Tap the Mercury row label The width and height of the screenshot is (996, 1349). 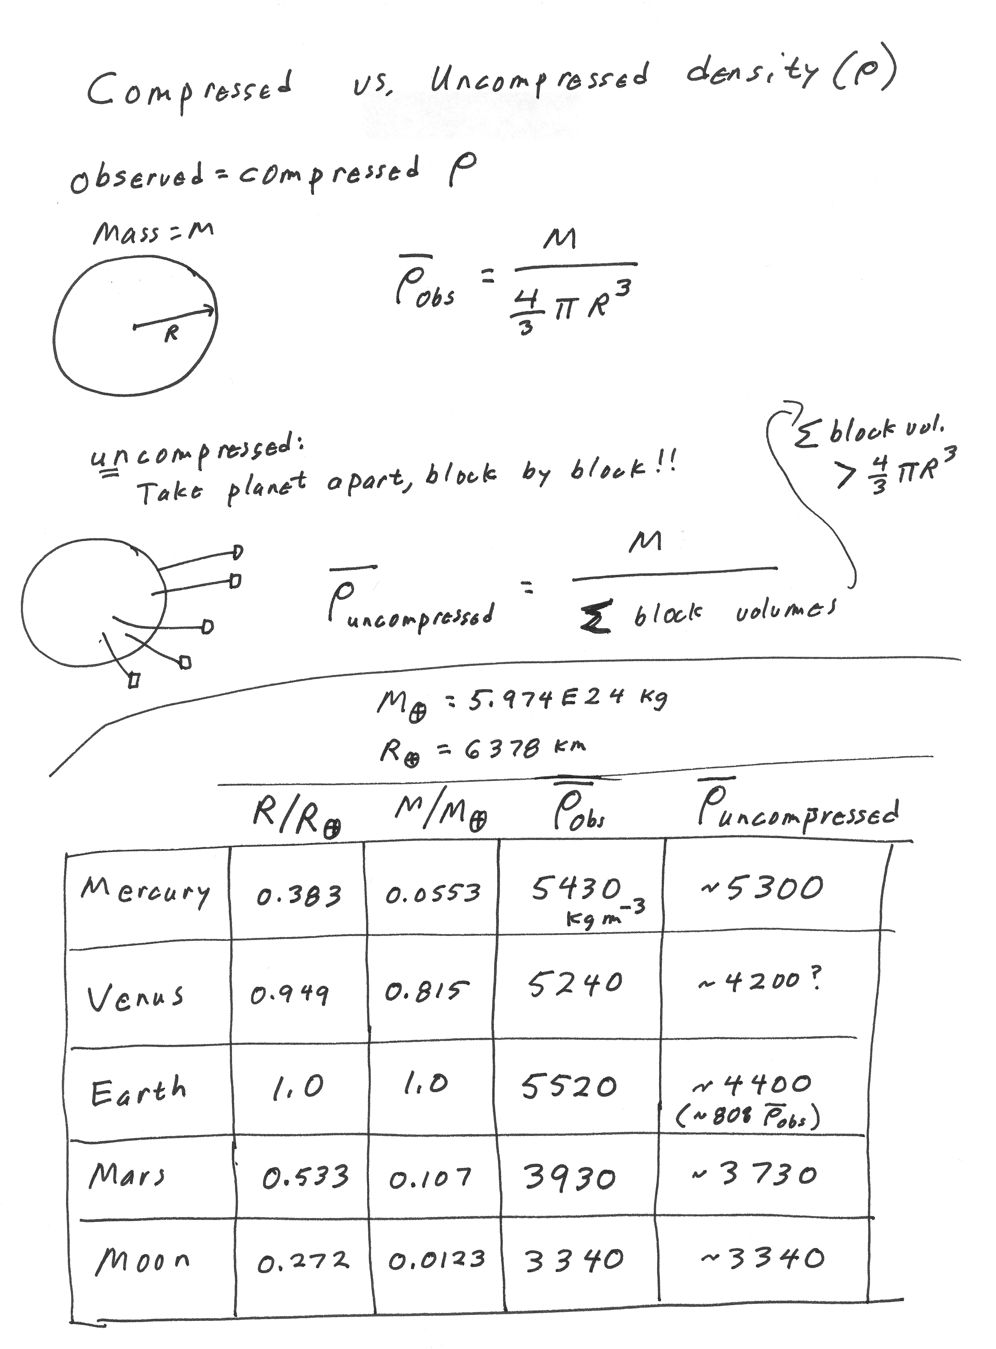pos(145,891)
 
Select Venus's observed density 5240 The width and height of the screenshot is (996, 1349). pos(575,985)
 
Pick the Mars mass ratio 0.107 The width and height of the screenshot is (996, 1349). pos(430,1177)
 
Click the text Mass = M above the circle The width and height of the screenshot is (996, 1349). pos(153,233)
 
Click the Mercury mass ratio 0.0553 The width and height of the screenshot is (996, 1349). pos(433,893)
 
